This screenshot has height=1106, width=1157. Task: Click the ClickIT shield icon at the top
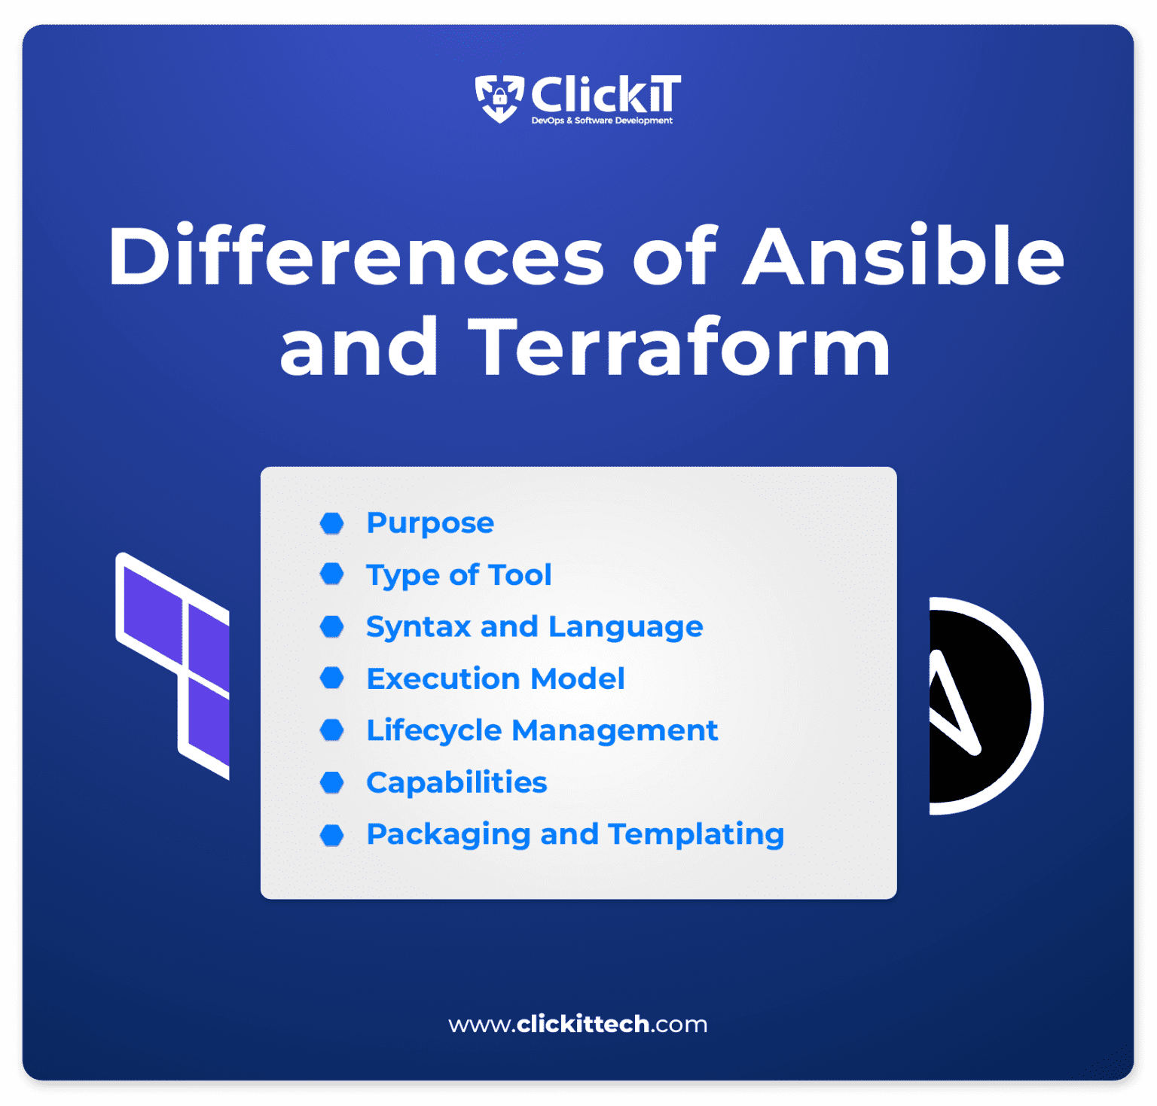[x=499, y=98]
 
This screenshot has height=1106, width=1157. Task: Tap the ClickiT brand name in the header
[x=605, y=95]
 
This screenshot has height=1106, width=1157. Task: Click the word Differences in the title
[x=356, y=257]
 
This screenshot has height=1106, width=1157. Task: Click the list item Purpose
[x=430, y=523]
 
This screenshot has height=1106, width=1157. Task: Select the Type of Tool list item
[x=459, y=575]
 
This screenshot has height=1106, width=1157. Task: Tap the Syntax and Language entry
[x=534, y=627]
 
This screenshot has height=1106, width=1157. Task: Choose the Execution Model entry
[x=495, y=679]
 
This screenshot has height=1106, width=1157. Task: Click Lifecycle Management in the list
[x=542, y=731]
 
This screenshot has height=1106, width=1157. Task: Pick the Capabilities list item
[x=456, y=783]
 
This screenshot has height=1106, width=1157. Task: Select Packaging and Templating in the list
[x=575, y=835]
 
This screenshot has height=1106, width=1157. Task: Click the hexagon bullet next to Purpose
[x=331, y=523]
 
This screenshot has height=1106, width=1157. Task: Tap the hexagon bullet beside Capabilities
[x=331, y=783]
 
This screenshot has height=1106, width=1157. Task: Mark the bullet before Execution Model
[x=331, y=679]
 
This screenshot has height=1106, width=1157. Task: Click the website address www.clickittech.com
[x=578, y=1025]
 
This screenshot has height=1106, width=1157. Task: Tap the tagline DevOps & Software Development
[x=602, y=120]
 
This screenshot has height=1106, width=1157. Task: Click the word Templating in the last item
[x=696, y=835]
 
